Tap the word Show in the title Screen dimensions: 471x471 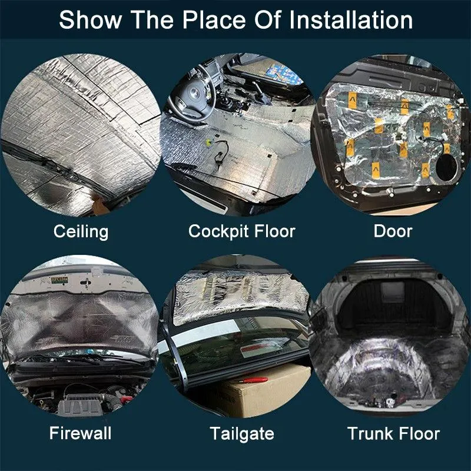[91, 20]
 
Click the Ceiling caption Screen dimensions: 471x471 [81, 232]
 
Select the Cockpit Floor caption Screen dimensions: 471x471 [242, 231]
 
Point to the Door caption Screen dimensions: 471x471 [393, 231]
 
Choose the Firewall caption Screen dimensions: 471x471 [80, 433]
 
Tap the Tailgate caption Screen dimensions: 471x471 [242, 434]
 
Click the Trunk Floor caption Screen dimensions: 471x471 [393, 433]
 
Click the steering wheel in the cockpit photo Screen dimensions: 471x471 [193, 93]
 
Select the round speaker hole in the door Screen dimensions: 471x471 [446, 167]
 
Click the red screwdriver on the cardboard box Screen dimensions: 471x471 [254, 380]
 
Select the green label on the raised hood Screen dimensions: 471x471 [59, 280]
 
